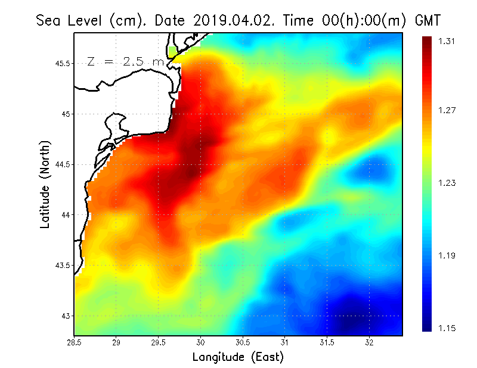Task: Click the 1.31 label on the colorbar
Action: click(447, 41)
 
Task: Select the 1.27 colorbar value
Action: click(447, 110)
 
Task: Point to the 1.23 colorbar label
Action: click(447, 183)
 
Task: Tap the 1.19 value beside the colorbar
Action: click(447, 255)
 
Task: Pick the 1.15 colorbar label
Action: click(447, 328)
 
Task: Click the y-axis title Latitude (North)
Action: click(45, 183)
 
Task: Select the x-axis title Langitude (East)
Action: click(238, 357)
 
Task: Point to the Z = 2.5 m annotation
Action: click(125, 61)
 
